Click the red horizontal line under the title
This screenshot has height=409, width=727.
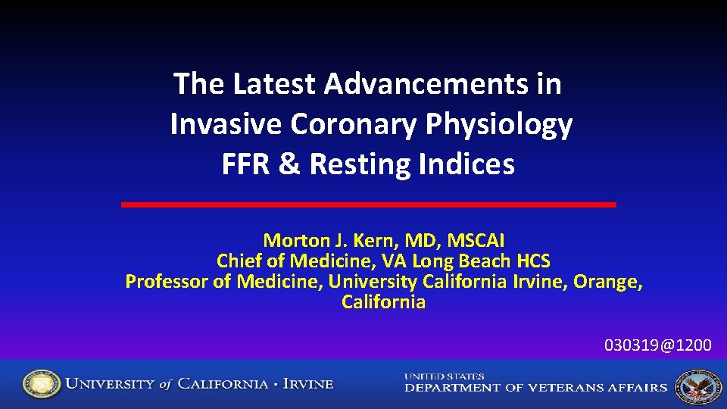pyautogui.click(x=369, y=204)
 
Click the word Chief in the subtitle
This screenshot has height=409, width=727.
pyautogui.click(x=239, y=261)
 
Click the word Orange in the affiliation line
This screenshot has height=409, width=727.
pyautogui.click(x=606, y=283)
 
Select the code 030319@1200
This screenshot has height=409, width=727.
pyautogui.click(x=657, y=345)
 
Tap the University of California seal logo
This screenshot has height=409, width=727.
pyautogui.click(x=41, y=384)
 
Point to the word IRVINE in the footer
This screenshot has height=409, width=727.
pyautogui.click(x=307, y=384)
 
